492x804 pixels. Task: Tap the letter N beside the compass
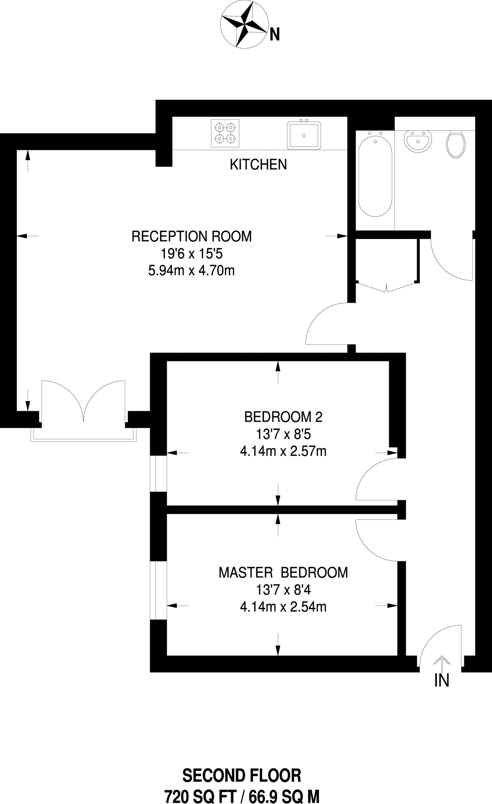[274, 36]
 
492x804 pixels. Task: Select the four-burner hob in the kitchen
[225, 133]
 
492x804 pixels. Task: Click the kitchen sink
[304, 135]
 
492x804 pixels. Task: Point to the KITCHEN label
[258, 164]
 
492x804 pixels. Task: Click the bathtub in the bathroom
[375, 173]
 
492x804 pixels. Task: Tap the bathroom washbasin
[418, 141]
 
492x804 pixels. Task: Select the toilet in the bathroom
[456, 144]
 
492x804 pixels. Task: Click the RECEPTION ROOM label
[191, 236]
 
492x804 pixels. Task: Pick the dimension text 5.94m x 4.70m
[191, 270]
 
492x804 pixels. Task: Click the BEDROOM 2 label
[283, 417]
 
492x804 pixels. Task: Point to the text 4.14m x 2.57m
[283, 451]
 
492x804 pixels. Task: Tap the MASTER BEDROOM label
[283, 572]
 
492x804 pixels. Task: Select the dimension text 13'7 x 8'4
[283, 590]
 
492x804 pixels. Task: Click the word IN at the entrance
[442, 680]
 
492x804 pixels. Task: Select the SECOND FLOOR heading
[242, 775]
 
